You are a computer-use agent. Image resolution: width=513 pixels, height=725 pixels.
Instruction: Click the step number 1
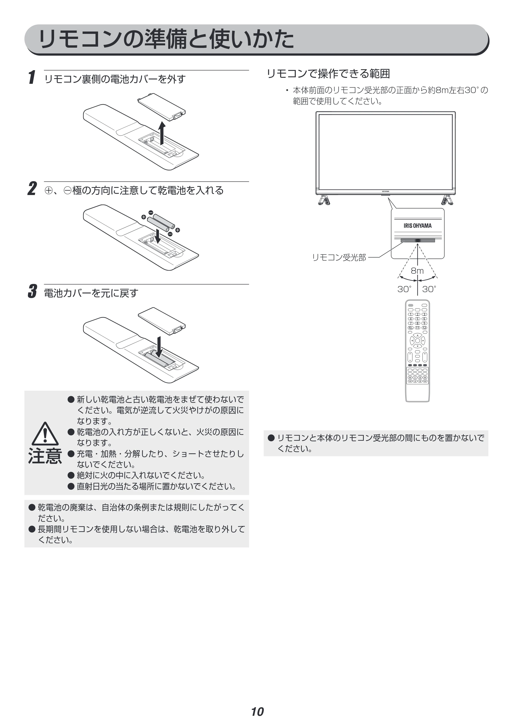32,77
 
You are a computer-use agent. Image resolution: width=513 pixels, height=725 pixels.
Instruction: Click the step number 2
32,189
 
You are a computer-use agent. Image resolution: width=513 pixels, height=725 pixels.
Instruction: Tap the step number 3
33,291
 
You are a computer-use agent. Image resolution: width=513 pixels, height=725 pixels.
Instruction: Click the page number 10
257,703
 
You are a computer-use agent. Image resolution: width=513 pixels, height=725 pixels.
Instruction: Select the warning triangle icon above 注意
45,434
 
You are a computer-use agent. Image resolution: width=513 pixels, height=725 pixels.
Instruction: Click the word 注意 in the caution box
45,456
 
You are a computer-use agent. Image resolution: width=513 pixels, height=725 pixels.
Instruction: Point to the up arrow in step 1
162,133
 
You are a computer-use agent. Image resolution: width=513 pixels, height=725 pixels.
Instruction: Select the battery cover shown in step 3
162,321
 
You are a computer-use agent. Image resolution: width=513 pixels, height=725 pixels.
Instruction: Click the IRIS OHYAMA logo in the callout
417,226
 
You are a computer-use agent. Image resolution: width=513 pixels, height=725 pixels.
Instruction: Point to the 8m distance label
417,271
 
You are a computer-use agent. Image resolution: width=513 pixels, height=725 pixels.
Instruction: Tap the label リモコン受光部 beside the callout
339,258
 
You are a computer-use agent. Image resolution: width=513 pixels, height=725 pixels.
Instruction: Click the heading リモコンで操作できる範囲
328,74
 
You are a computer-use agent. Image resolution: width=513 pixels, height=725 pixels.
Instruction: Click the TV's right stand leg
447,200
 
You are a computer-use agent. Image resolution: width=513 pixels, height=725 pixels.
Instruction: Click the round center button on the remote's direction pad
417,341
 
